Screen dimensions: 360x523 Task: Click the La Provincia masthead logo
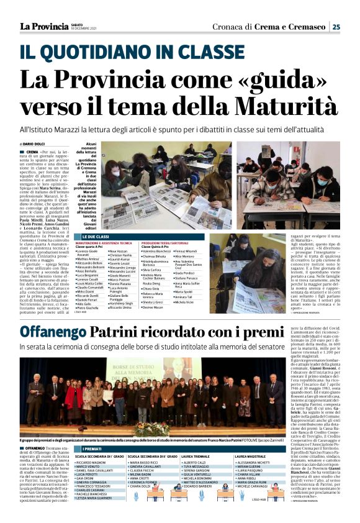pyautogui.click(x=43, y=26)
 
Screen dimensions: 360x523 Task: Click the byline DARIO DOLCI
pyautogui.click(x=39, y=143)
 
